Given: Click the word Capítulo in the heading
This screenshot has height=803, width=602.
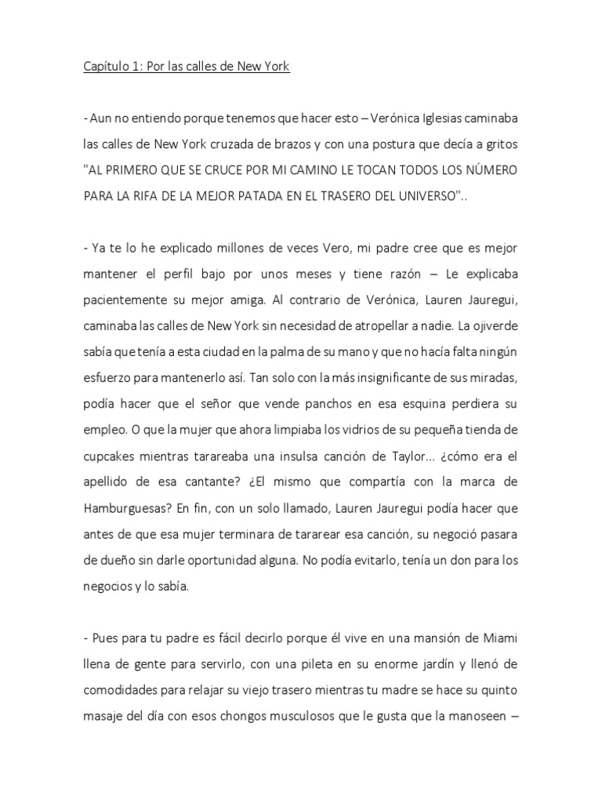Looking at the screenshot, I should [107, 67].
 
